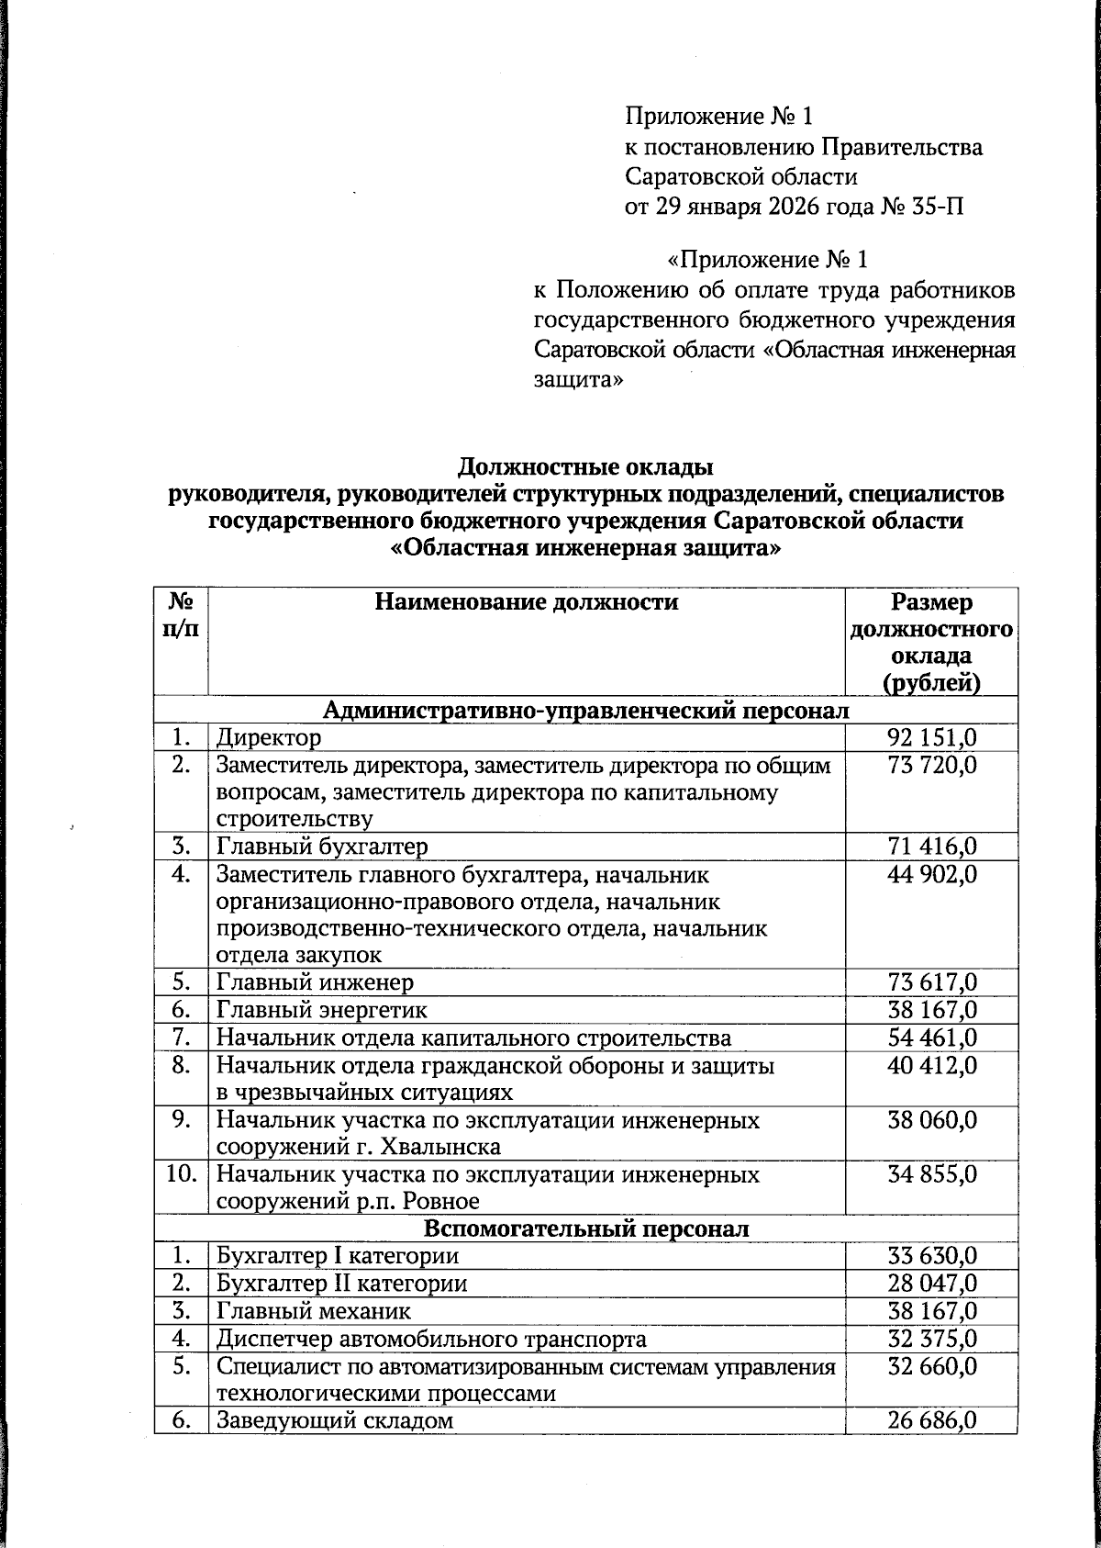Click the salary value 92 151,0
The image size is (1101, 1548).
[931, 738]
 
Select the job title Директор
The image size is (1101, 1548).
[269, 738]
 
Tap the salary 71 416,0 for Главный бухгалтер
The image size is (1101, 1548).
[931, 847]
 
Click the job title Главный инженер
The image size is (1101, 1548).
[315, 982]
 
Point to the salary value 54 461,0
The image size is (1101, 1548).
[931, 1038]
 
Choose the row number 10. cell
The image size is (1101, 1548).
[182, 1174]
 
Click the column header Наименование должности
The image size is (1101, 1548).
[527, 602]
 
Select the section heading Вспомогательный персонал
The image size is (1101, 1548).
[586, 1228]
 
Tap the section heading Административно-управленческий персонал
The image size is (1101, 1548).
[586, 711]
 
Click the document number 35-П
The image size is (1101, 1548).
[939, 206]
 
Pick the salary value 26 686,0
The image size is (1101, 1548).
[931, 1421]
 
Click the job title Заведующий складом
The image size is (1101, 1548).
[335, 1421]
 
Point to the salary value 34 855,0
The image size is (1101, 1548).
[931, 1174]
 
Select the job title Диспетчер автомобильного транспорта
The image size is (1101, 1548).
[431, 1340]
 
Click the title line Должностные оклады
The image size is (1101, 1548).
[585, 466]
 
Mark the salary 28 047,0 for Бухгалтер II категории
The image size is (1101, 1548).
[931, 1284]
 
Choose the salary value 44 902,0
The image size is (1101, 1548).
[931, 874]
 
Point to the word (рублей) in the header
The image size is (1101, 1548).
[931, 683]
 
